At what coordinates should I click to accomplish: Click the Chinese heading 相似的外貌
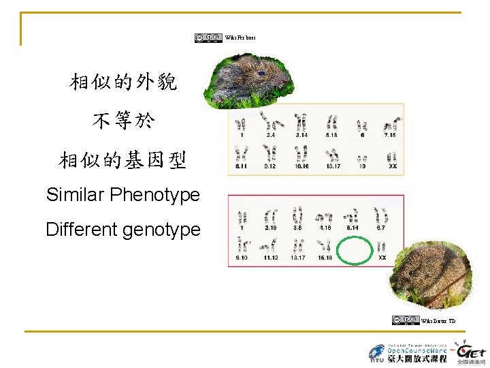pyautogui.click(x=123, y=82)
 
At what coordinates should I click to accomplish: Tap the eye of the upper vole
pyautogui.click(x=261, y=73)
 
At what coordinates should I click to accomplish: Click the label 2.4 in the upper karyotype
pyautogui.click(x=270, y=135)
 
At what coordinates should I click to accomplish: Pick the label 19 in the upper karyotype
pyautogui.click(x=362, y=165)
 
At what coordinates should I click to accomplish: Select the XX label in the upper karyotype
pyautogui.click(x=392, y=165)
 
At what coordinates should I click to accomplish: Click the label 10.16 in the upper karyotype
pyautogui.click(x=301, y=165)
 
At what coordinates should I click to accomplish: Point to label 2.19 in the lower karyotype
pyautogui.click(x=269, y=228)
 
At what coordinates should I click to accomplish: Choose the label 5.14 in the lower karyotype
pyautogui.click(x=353, y=228)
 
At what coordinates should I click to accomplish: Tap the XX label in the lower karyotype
pyautogui.click(x=382, y=258)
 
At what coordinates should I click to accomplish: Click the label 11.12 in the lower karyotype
pyautogui.click(x=269, y=258)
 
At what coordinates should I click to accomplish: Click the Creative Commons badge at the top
pyautogui.click(x=208, y=38)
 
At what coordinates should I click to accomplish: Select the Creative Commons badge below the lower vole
pyautogui.click(x=405, y=320)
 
